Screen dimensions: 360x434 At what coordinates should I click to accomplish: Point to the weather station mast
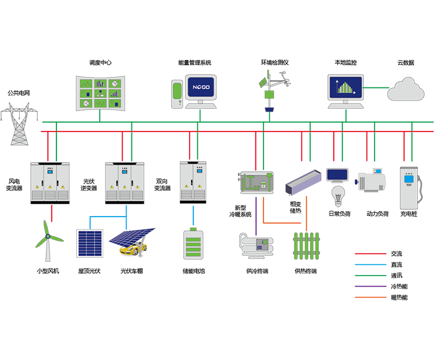[x=270, y=90]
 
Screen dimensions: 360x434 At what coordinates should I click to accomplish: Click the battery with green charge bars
[x=195, y=245]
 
